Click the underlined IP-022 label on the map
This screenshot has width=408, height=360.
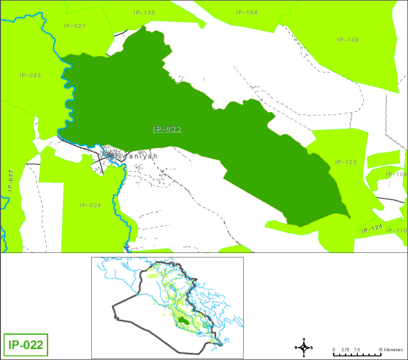(x=167, y=129)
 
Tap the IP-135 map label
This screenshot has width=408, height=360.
(x=144, y=13)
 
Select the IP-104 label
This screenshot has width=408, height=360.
(x=247, y=12)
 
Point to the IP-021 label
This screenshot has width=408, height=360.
(x=75, y=26)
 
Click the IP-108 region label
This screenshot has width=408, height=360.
(x=348, y=40)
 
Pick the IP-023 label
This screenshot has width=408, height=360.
(x=30, y=75)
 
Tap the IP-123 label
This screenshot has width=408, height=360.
(x=346, y=162)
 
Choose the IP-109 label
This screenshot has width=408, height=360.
(x=396, y=174)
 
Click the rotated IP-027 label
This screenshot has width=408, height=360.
(x=11, y=180)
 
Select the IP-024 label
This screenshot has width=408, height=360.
(x=90, y=205)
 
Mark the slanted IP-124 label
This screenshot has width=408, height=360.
(x=372, y=229)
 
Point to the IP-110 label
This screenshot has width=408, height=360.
(x=397, y=231)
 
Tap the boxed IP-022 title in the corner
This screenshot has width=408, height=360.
(x=26, y=345)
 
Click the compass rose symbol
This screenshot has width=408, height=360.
(x=304, y=348)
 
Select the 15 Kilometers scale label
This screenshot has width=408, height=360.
(x=391, y=350)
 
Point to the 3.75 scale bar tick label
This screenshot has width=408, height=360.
(x=345, y=350)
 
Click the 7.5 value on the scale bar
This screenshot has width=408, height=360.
(x=357, y=350)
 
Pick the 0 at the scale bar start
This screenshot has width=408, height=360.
(x=334, y=350)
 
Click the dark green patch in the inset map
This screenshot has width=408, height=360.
(x=182, y=320)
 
